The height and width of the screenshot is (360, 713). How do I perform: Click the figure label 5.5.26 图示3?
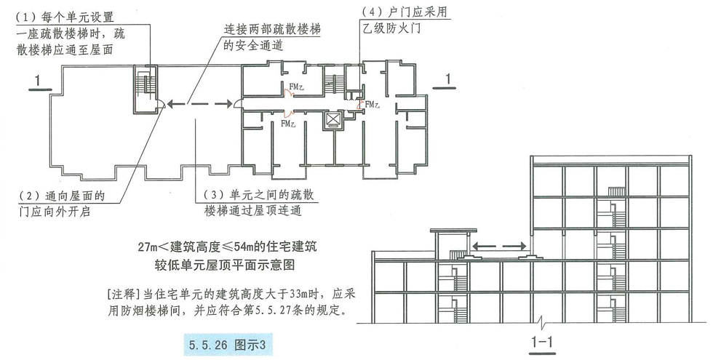(x=227, y=345)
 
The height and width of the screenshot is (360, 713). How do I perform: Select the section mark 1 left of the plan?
(x=38, y=81)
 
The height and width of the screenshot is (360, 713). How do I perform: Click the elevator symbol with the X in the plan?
(x=334, y=120)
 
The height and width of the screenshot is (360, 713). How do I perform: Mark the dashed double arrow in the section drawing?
(x=499, y=246)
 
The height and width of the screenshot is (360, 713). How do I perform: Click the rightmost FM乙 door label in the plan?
(x=373, y=105)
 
